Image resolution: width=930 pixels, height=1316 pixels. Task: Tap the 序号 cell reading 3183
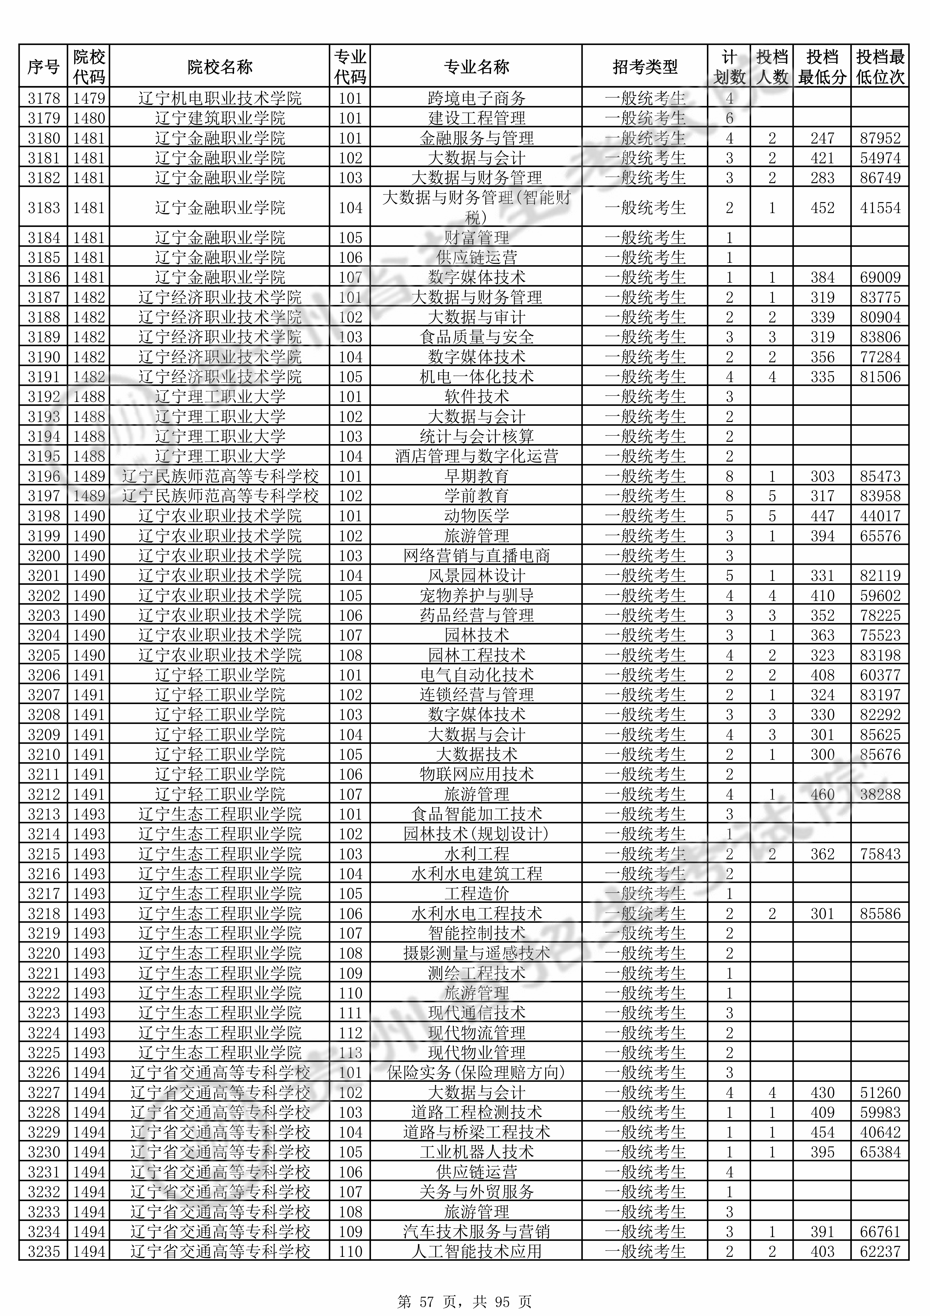43,208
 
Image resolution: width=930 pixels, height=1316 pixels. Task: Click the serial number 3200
43,555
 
